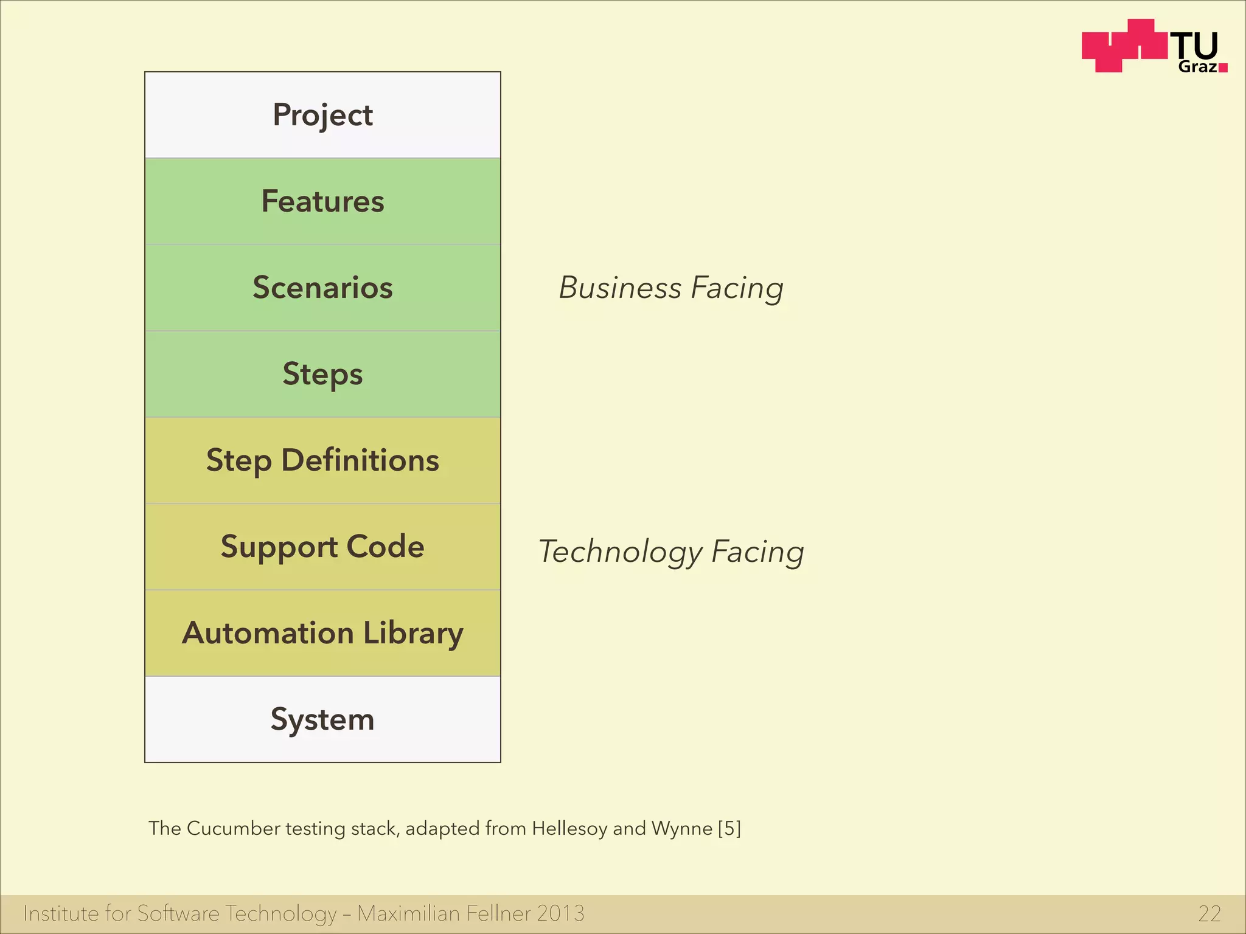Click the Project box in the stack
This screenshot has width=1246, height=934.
(x=322, y=115)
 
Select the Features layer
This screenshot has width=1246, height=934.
(x=322, y=201)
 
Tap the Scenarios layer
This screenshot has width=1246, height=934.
(x=322, y=288)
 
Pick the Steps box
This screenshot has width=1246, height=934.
(x=322, y=374)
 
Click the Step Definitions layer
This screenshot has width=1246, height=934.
(x=322, y=460)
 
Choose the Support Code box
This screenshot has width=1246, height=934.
(x=322, y=547)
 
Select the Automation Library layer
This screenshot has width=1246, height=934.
(x=322, y=633)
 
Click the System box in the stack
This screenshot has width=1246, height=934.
(x=322, y=719)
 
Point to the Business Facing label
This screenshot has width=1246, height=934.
(x=671, y=288)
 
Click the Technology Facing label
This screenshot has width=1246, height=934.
(x=671, y=552)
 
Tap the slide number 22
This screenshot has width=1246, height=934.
(x=1209, y=913)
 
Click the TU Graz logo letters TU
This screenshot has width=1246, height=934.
(x=1195, y=46)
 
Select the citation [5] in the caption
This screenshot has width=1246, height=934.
(x=729, y=828)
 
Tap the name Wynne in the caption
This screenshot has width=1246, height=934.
(x=682, y=828)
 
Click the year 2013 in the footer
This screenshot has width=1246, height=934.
(x=560, y=913)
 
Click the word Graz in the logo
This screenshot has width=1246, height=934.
(x=1197, y=67)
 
